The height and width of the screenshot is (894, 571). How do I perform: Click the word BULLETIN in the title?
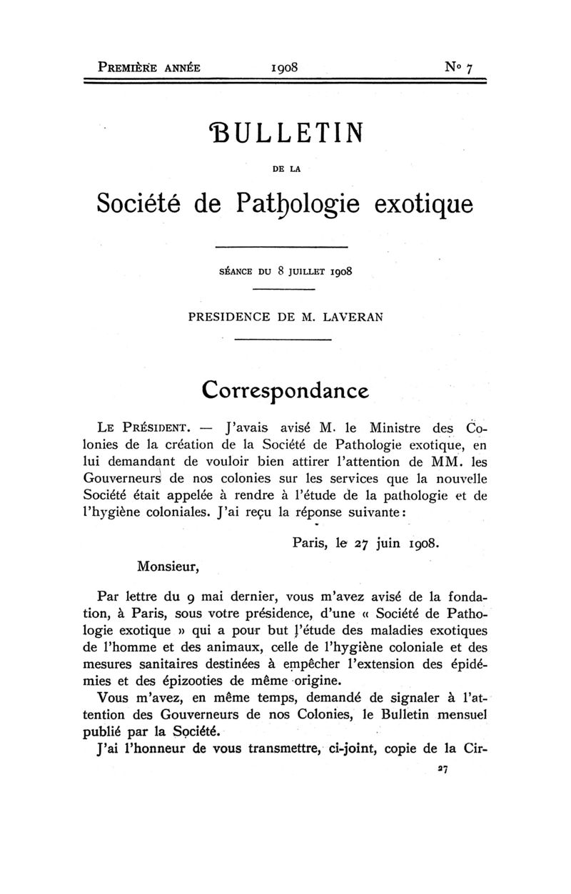[285, 133]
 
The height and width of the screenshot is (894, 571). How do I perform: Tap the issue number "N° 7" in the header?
[458, 68]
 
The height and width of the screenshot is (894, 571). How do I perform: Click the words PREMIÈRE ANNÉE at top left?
[149, 68]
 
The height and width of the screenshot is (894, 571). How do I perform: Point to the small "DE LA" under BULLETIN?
[285, 168]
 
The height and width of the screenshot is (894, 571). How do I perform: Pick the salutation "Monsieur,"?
[166, 567]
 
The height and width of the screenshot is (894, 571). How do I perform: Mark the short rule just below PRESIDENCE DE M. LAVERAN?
[283, 339]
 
